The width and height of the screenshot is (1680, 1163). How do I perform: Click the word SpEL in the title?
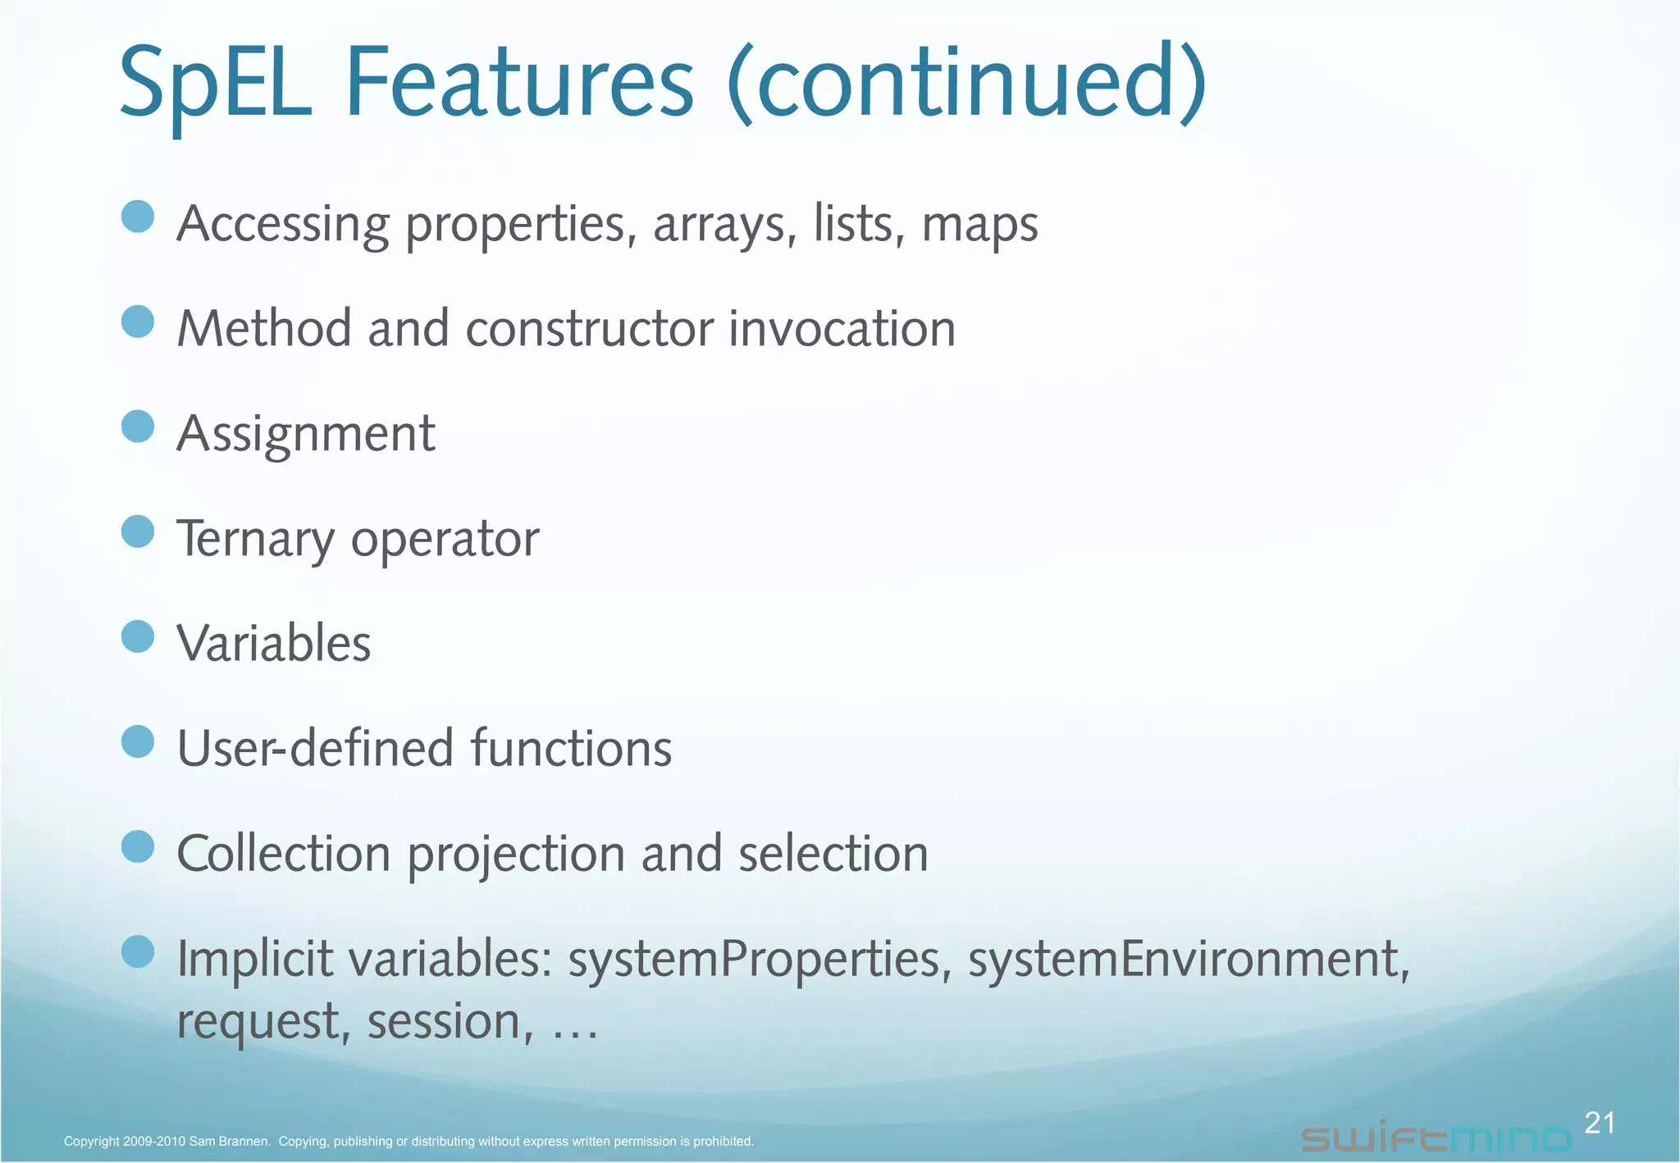[x=215, y=84]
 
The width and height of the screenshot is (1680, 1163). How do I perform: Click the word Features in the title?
[x=519, y=84]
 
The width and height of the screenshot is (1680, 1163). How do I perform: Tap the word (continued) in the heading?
[x=966, y=84]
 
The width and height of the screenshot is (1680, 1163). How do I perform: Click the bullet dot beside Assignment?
[x=138, y=426]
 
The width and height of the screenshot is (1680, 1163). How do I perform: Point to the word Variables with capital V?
[x=274, y=643]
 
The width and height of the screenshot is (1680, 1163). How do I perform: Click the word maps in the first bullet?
[x=979, y=224]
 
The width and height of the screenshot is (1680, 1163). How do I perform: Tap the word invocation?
[x=842, y=329]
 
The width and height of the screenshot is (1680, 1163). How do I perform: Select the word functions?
[x=571, y=748]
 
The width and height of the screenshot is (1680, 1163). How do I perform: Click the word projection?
[x=516, y=855]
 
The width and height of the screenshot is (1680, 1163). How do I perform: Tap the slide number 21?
[x=1599, y=1123]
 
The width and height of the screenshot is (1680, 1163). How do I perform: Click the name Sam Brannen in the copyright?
[x=229, y=1142]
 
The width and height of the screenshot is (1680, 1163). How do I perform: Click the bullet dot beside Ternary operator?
[x=138, y=531]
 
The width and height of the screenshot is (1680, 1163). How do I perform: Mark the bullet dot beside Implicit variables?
[x=138, y=951]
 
